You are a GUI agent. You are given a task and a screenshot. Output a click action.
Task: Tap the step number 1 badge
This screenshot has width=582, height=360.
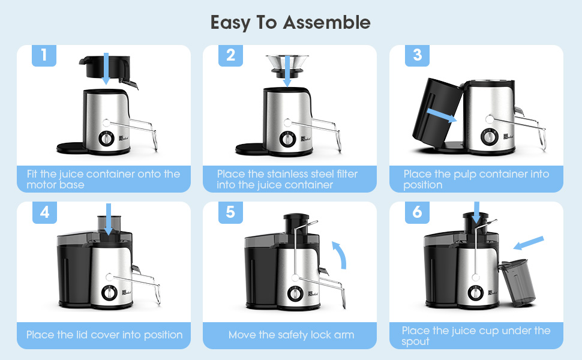pyautogui.click(x=44, y=55)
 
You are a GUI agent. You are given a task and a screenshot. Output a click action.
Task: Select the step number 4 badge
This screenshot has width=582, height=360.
pyautogui.click(x=44, y=212)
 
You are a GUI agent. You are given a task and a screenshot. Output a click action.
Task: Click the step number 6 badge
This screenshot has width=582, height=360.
pyautogui.click(x=418, y=212)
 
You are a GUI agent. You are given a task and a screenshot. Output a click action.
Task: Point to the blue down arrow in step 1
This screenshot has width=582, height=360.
pyautogui.click(x=106, y=67)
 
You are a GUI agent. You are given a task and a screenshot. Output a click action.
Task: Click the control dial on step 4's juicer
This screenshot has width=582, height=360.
pyautogui.click(x=109, y=293)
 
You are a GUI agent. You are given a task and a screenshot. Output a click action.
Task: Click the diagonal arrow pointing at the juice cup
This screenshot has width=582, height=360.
pyautogui.click(x=529, y=244)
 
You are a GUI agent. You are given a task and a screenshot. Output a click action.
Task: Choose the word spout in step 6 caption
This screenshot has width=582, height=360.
pyautogui.click(x=416, y=341)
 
